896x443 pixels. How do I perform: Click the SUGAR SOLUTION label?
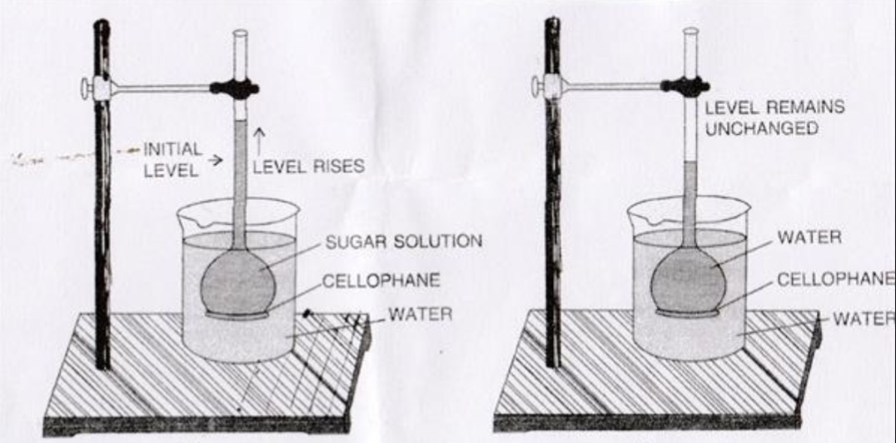[x=403, y=241]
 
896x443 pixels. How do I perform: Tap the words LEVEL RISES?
[x=308, y=167]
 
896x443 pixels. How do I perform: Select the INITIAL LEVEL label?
[x=172, y=158]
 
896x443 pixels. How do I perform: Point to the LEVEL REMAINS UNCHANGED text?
[x=774, y=117]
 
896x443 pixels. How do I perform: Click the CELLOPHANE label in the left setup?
[x=381, y=280]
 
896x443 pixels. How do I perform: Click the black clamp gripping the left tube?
[x=236, y=87]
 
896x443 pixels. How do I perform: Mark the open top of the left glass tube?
[x=241, y=33]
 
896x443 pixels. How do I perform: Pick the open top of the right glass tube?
[x=689, y=31]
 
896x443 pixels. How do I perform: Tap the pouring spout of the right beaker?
[x=637, y=215]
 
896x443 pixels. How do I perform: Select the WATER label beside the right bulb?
[x=809, y=237]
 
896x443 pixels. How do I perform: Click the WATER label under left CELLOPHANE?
[x=421, y=315]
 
